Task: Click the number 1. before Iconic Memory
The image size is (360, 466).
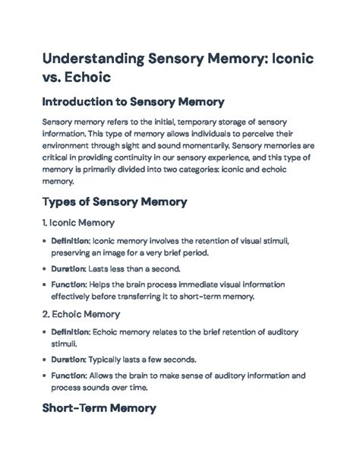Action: tap(45, 223)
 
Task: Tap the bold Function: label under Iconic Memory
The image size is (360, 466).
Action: tap(68, 284)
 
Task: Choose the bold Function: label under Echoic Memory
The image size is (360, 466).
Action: tap(68, 375)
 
